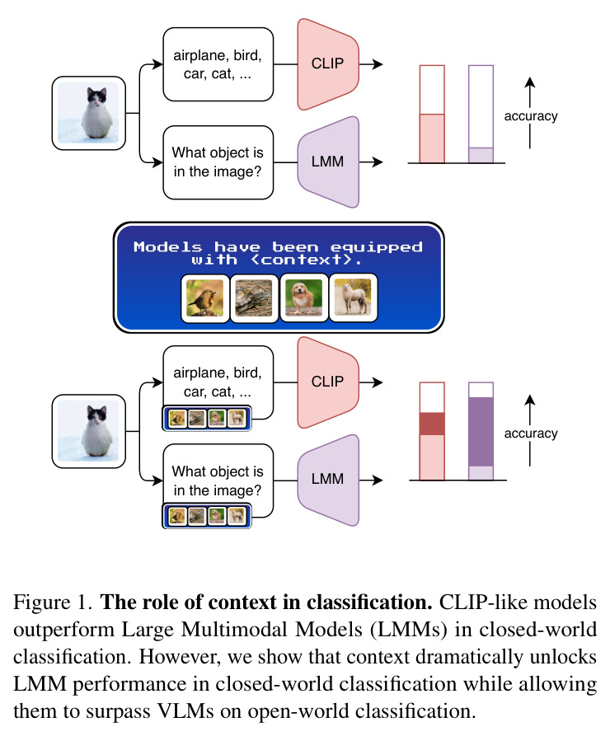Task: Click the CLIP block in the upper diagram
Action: tap(328, 64)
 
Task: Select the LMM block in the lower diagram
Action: tap(328, 480)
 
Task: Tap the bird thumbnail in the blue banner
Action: tap(205, 298)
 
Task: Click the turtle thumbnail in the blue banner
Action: tap(254, 298)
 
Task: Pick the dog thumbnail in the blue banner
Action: tap(303, 298)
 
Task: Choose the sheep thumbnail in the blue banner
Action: tap(353, 298)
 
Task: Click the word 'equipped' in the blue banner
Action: tap(377, 247)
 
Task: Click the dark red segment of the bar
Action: tap(432, 424)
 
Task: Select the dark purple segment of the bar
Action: tap(481, 432)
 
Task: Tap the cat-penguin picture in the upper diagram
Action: tap(89, 113)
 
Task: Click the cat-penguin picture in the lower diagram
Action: tap(89, 431)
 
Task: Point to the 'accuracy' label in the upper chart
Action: tap(531, 116)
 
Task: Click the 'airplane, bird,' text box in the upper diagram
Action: tap(218, 64)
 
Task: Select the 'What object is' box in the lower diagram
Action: tap(218, 481)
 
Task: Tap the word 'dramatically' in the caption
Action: tap(470, 657)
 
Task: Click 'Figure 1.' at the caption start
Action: tap(53, 602)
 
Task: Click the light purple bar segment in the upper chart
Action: tap(481, 156)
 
